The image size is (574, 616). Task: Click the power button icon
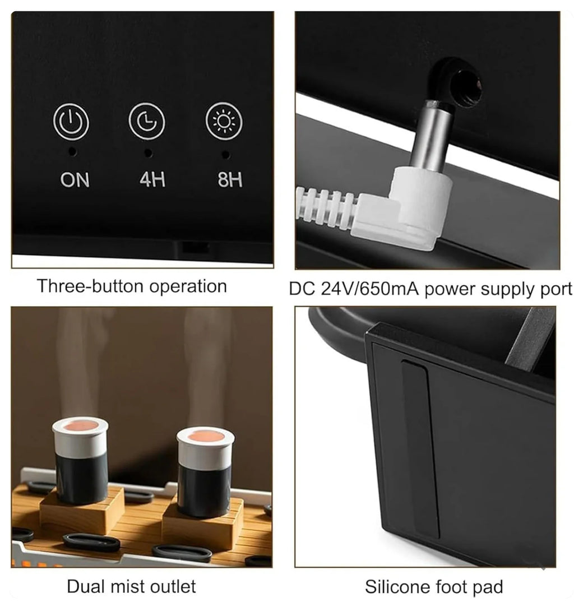pyautogui.click(x=71, y=122)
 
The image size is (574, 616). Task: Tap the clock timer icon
pyautogui.click(x=146, y=121)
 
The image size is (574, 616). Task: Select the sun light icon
pyautogui.click(x=224, y=121)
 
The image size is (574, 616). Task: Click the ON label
pyautogui.click(x=75, y=180)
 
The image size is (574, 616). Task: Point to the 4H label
pyautogui.click(x=152, y=179)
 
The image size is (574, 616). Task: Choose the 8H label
pyautogui.click(x=230, y=179)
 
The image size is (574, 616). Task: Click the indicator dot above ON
pyautogui.click(x=72, y=151)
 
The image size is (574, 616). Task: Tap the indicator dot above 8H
pyautogui.click(x=225, y=155)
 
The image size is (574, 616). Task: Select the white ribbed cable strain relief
pyautogui.click(x=328, y=207)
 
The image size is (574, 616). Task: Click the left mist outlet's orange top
pyautogui.click(x=80, y=426)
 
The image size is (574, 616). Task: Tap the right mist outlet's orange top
pyautogui.click(x=206, y=437)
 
